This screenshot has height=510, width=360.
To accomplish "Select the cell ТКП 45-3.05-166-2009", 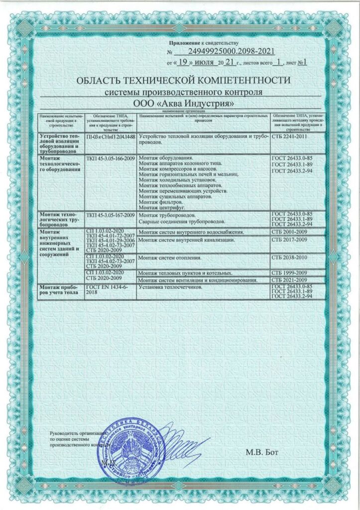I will [x=111, y=158].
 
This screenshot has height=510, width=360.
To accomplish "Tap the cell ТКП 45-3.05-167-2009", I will [x=111, y=215].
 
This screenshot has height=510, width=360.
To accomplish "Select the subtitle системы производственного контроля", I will [x=184, y=93].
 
